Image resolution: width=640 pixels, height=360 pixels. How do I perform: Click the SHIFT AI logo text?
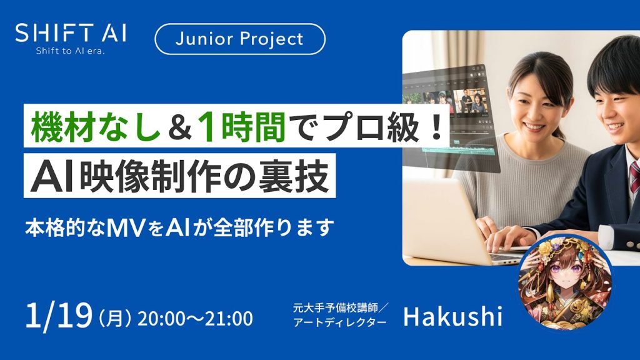pos(70,32)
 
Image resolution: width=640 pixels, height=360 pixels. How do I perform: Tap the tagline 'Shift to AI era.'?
pos(69,51)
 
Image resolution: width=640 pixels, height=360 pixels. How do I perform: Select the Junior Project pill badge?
pos(240,39)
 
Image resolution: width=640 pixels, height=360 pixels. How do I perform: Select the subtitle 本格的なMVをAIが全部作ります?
pos(177,226)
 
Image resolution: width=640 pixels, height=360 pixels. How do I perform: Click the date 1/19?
pos(59,316)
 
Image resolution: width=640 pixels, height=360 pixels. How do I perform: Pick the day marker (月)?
pos(115,318)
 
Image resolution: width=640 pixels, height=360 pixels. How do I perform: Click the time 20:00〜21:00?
pos(195,318)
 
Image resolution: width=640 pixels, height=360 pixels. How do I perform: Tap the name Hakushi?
pos(452,316)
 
